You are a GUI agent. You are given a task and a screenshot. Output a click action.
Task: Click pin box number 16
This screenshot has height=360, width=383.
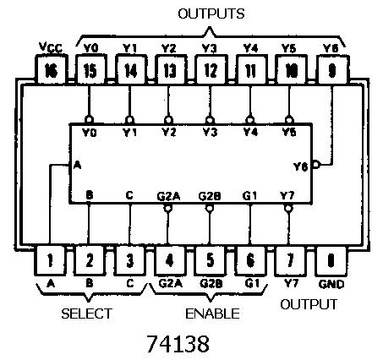point(52,69)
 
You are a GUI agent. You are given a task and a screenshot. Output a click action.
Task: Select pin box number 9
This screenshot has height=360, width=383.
point(332,69)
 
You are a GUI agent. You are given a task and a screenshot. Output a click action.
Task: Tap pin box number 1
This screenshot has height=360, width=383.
point(50,260)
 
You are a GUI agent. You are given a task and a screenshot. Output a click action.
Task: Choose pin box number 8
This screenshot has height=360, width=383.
point(331,260)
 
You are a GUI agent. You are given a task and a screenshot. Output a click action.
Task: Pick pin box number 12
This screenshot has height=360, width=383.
point(211,69)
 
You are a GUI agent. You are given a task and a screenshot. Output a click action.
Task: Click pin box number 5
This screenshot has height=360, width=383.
point(210,260)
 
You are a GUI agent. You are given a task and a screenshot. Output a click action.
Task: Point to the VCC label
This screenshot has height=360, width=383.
point(51,47)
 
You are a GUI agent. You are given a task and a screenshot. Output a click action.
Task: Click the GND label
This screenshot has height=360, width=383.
point(331,284)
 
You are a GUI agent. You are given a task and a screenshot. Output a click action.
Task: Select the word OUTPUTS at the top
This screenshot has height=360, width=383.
point(211,14)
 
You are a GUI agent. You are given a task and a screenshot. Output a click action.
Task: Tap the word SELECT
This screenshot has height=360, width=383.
point(87,314)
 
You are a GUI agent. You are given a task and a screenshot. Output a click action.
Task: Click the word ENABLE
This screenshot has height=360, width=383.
point(212,314)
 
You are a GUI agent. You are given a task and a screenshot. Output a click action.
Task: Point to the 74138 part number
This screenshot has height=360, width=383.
point(178,343)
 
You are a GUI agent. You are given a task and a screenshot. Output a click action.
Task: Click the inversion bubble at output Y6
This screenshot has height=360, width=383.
point(316,164)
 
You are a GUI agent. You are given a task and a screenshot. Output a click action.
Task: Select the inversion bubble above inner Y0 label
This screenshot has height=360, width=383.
point(89,120)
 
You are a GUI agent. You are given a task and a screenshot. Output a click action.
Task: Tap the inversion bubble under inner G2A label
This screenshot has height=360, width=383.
point(167,208)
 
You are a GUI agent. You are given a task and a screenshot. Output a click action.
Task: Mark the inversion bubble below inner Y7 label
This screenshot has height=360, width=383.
point(288,208)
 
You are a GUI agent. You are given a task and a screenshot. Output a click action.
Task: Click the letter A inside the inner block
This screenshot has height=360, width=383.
point(77,165)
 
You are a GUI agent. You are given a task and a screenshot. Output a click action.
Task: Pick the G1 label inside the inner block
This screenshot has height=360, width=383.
point(250,195)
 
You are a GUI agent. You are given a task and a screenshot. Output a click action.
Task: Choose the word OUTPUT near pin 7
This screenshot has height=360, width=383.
point(309,304)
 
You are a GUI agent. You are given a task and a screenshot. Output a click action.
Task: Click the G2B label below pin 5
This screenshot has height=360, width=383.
point(211,283)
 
